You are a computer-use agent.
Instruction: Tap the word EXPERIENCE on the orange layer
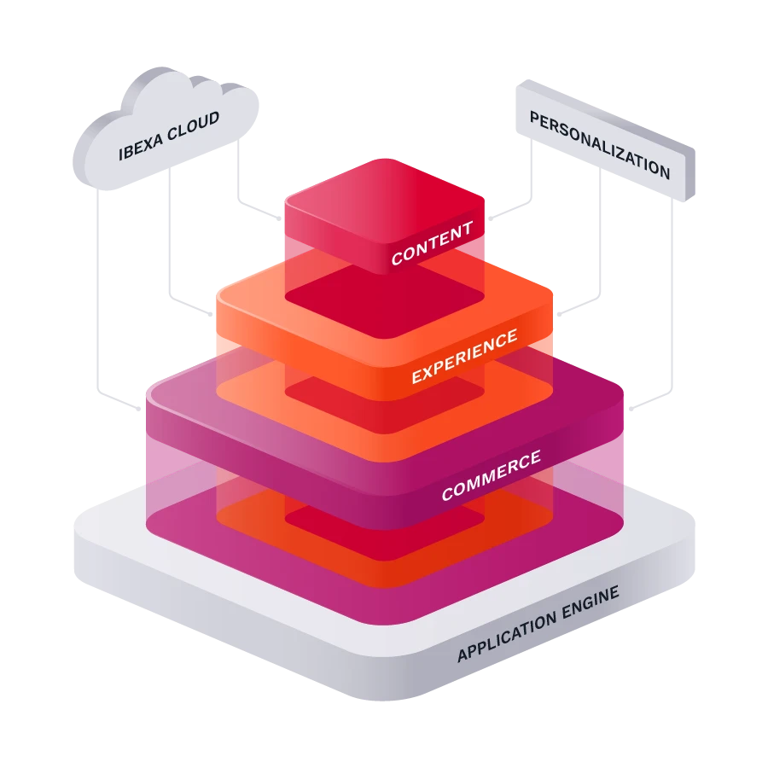pyautogui.click(x=464, y=356)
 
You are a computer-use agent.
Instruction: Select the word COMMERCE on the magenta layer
pyautogui.click(x=491, y=475)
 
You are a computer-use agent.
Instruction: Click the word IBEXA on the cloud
pyautogui.click(x=137, y=148)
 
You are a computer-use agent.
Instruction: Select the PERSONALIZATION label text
pyautogui.click(x=600, y=144)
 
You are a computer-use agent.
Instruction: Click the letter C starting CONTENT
pyautogui.click(x=398, y=258)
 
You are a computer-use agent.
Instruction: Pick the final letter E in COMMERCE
pyautogui.click(x=534, y=458)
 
